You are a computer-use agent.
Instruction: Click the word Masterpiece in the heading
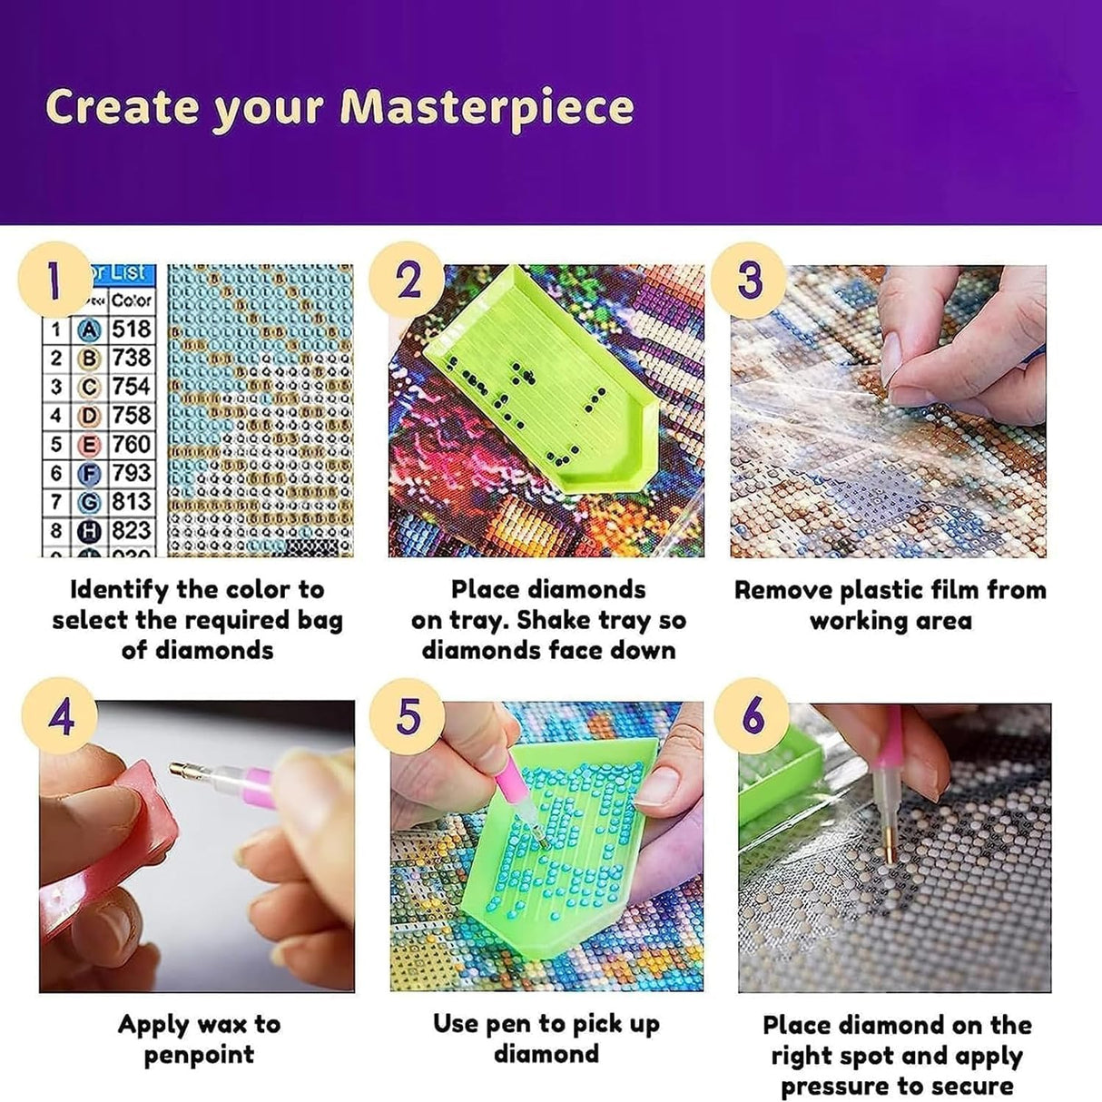pos(487,107)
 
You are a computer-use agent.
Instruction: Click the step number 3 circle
pos(748,279)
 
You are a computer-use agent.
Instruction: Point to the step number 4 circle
pos(60,717)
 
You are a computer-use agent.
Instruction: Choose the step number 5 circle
pos(408,717)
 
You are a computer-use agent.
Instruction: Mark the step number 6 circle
pos(752,717)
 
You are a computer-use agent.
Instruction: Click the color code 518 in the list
pos(132,329)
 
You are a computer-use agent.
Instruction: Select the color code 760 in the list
pos(132,444)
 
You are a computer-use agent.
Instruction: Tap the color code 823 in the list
pos(132,530)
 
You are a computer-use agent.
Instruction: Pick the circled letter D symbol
pos(89,416)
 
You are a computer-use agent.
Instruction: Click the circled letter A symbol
pos(89,330)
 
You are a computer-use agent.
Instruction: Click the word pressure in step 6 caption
pos(836,1086)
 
